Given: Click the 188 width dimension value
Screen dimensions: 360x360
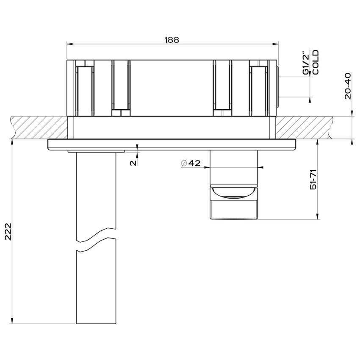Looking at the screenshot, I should (172, 39).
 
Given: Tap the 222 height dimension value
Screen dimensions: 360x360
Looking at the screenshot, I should (8, 232).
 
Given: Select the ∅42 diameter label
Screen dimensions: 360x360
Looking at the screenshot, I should (191, 163).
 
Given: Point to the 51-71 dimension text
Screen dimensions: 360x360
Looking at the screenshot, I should (313, 180).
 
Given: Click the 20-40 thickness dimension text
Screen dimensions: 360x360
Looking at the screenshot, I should (348, 86).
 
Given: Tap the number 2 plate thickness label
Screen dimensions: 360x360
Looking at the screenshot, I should (133, 162).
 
